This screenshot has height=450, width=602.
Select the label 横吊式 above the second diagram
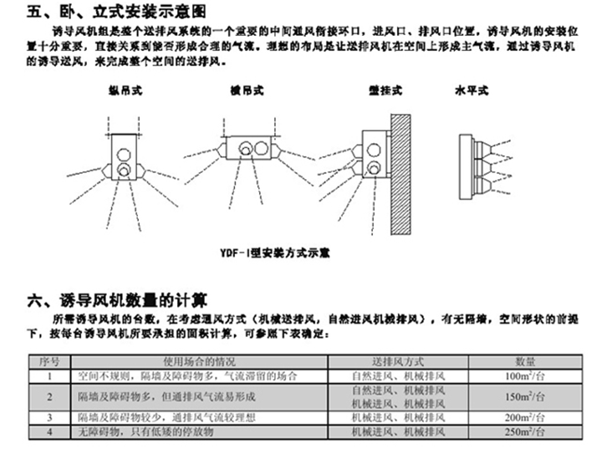click(x=246, y=89)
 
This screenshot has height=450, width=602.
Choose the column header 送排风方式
click(x=399, y=361)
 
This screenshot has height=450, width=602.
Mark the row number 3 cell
click(x=48, y=417)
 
